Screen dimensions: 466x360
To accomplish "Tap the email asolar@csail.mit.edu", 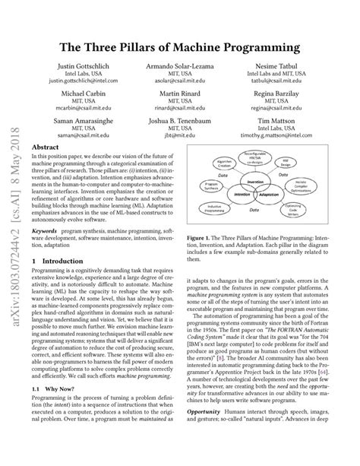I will [x=180, y=87].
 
